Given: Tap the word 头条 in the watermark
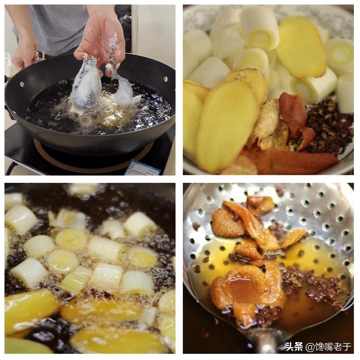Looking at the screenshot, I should (x=294, y=347).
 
